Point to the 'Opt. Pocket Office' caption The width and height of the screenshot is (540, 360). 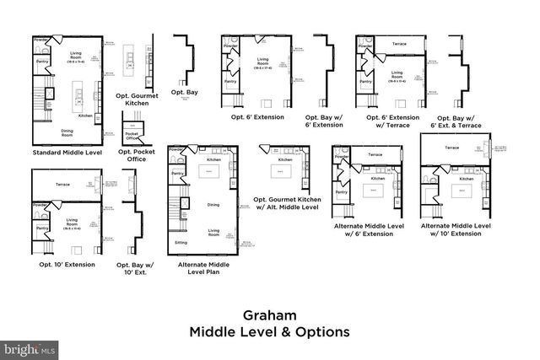click(135, 154)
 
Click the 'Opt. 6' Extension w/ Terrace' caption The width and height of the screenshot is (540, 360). click(393, 121)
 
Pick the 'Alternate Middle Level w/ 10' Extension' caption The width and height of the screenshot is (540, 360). click(455, 229)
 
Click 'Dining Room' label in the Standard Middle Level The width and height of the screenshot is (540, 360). click(67, 132)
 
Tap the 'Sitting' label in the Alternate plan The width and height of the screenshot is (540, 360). click(181, 241)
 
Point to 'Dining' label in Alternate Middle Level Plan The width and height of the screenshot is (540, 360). click(213, 203)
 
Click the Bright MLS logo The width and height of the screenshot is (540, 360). click(30, 347)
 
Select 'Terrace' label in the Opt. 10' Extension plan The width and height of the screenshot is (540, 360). click(62, 183)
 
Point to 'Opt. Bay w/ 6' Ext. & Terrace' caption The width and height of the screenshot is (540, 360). click(460, 121)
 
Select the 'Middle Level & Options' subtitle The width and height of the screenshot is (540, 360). click(269, 331)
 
